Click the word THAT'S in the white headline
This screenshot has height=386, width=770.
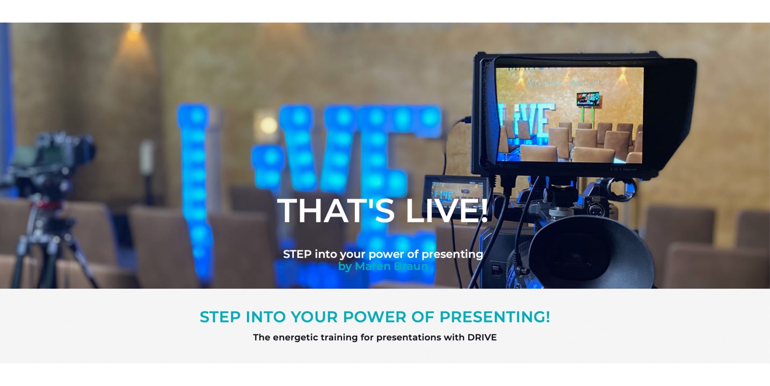click(x=336, y=210)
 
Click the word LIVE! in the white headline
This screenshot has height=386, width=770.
click(x=447, y=210)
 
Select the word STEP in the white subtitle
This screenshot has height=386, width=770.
click(x=297, y=254)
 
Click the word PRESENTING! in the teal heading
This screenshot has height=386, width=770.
click(x=495, y=317)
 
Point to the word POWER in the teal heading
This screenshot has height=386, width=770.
click(x=375, y=317)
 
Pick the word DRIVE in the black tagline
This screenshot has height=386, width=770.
click(x=482, y=338)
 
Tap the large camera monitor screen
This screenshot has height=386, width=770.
click(x=570, y=115)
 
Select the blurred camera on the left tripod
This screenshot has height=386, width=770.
click(x=52, y=162)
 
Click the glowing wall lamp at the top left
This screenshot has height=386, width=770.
click(x=135, y=34)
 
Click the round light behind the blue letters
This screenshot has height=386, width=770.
click(x=268, y=125)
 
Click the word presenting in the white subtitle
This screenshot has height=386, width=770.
click(x=452, y=255)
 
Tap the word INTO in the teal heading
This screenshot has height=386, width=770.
click(x=265, y=317)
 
